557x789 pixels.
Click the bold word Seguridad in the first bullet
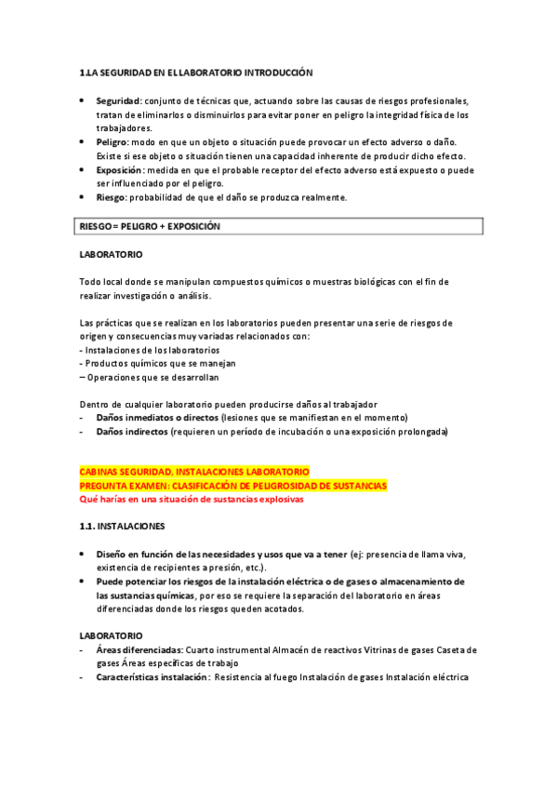tap(118, 100)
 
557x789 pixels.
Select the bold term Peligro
tap(113, 141)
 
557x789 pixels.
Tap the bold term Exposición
tap(119, 170)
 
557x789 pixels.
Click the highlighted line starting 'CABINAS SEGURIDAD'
tap(194, 472)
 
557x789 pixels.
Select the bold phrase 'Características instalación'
tap(152, 677)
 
